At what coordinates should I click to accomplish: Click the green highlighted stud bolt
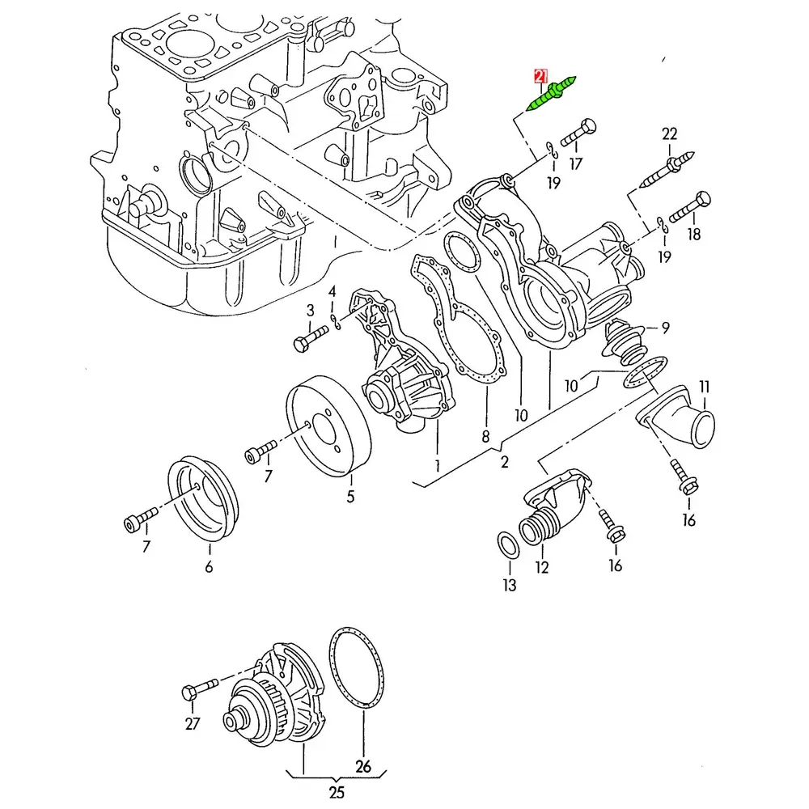pyautogui.click(x=550, y=93)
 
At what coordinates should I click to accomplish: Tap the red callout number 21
pyautogui.click(x=540, y=76)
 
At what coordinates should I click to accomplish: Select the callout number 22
pyautogui.click(x=669, y=134)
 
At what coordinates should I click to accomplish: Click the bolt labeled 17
pyautogui.click(x=578, y=133)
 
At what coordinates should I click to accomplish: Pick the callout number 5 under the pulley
pyautogui.click(x=351, y=497)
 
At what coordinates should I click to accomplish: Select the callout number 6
pyautogui.click(x=209, y=566)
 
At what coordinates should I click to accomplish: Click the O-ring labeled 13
pyautogui.click(x=509, y=546)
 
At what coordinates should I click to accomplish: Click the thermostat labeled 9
pyautogui.click(x=625, y=342)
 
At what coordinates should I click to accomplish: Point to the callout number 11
pyautogui.click(x=705, y=387)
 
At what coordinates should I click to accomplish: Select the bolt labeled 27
pyautogui.click(x=200, y=688)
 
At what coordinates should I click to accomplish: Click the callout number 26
pyautogui.click(x=363, y=766)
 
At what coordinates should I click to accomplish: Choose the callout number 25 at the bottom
pyautogui.click(x=337, y=791)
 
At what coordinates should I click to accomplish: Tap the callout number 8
pyautogui.click(x=485, y=437)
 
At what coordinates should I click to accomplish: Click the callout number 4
pyautogui.click(x=332, y=291)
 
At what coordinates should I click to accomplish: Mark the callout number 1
pyautogui.click(x=437, y=466)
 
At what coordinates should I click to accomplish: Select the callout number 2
pyautogui.click(x=505, y=462)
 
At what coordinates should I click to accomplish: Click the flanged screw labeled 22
pyautogui.click(x=667, y=169)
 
